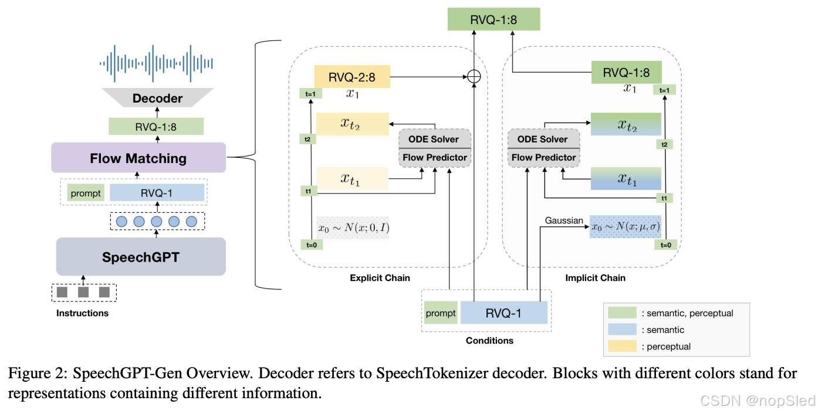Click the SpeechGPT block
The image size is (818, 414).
pyautogui.click(x=141, y=257)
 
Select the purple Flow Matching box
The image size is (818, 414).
pyautogui.click(x=138, y=158)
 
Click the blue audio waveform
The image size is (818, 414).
pyautogui.click(x=156, y=62)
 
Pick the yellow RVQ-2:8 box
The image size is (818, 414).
pyautogui.click(x=352, y=76)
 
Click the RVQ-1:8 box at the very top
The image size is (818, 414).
pyautogui.click(x=493, y=19)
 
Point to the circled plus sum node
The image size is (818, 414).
pyautogui.click(x=473, y=76)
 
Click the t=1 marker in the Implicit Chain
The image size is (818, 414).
pyautogui.click(x=664, y=90)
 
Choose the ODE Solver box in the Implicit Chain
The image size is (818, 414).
pyautogui.click(x=543, y=139)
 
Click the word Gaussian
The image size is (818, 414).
pyautogui.click(x=564, y=220)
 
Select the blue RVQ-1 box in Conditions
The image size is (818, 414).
pyautogui.click(x=503, y=313)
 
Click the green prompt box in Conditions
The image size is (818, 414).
pyautogui.click(x=441, y=313)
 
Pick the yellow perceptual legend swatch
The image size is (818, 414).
pyautogui.click(x=622, y=346)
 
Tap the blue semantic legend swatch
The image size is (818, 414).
pyautogui.click(x=622, y=330)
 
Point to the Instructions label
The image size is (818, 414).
pyautogui.click(x=82, y=313)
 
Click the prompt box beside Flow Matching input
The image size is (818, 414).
pyautogui.click(x=85, y=193)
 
